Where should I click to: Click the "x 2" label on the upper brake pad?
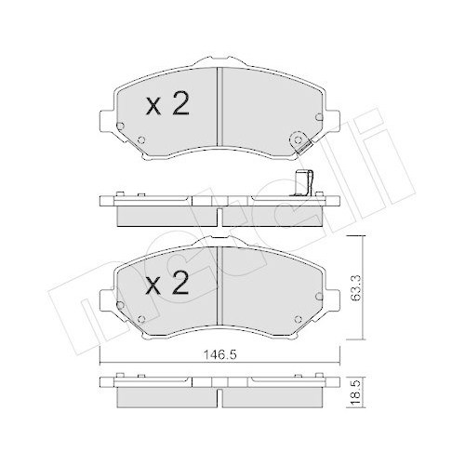click(x=167, y=105)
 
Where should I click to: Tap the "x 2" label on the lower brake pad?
click(x=167, y=281)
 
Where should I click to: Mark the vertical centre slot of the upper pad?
click(x=218, y=102)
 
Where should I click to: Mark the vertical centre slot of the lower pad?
click(x=218, y=279)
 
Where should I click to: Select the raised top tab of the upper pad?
click(x=218, y=61)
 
